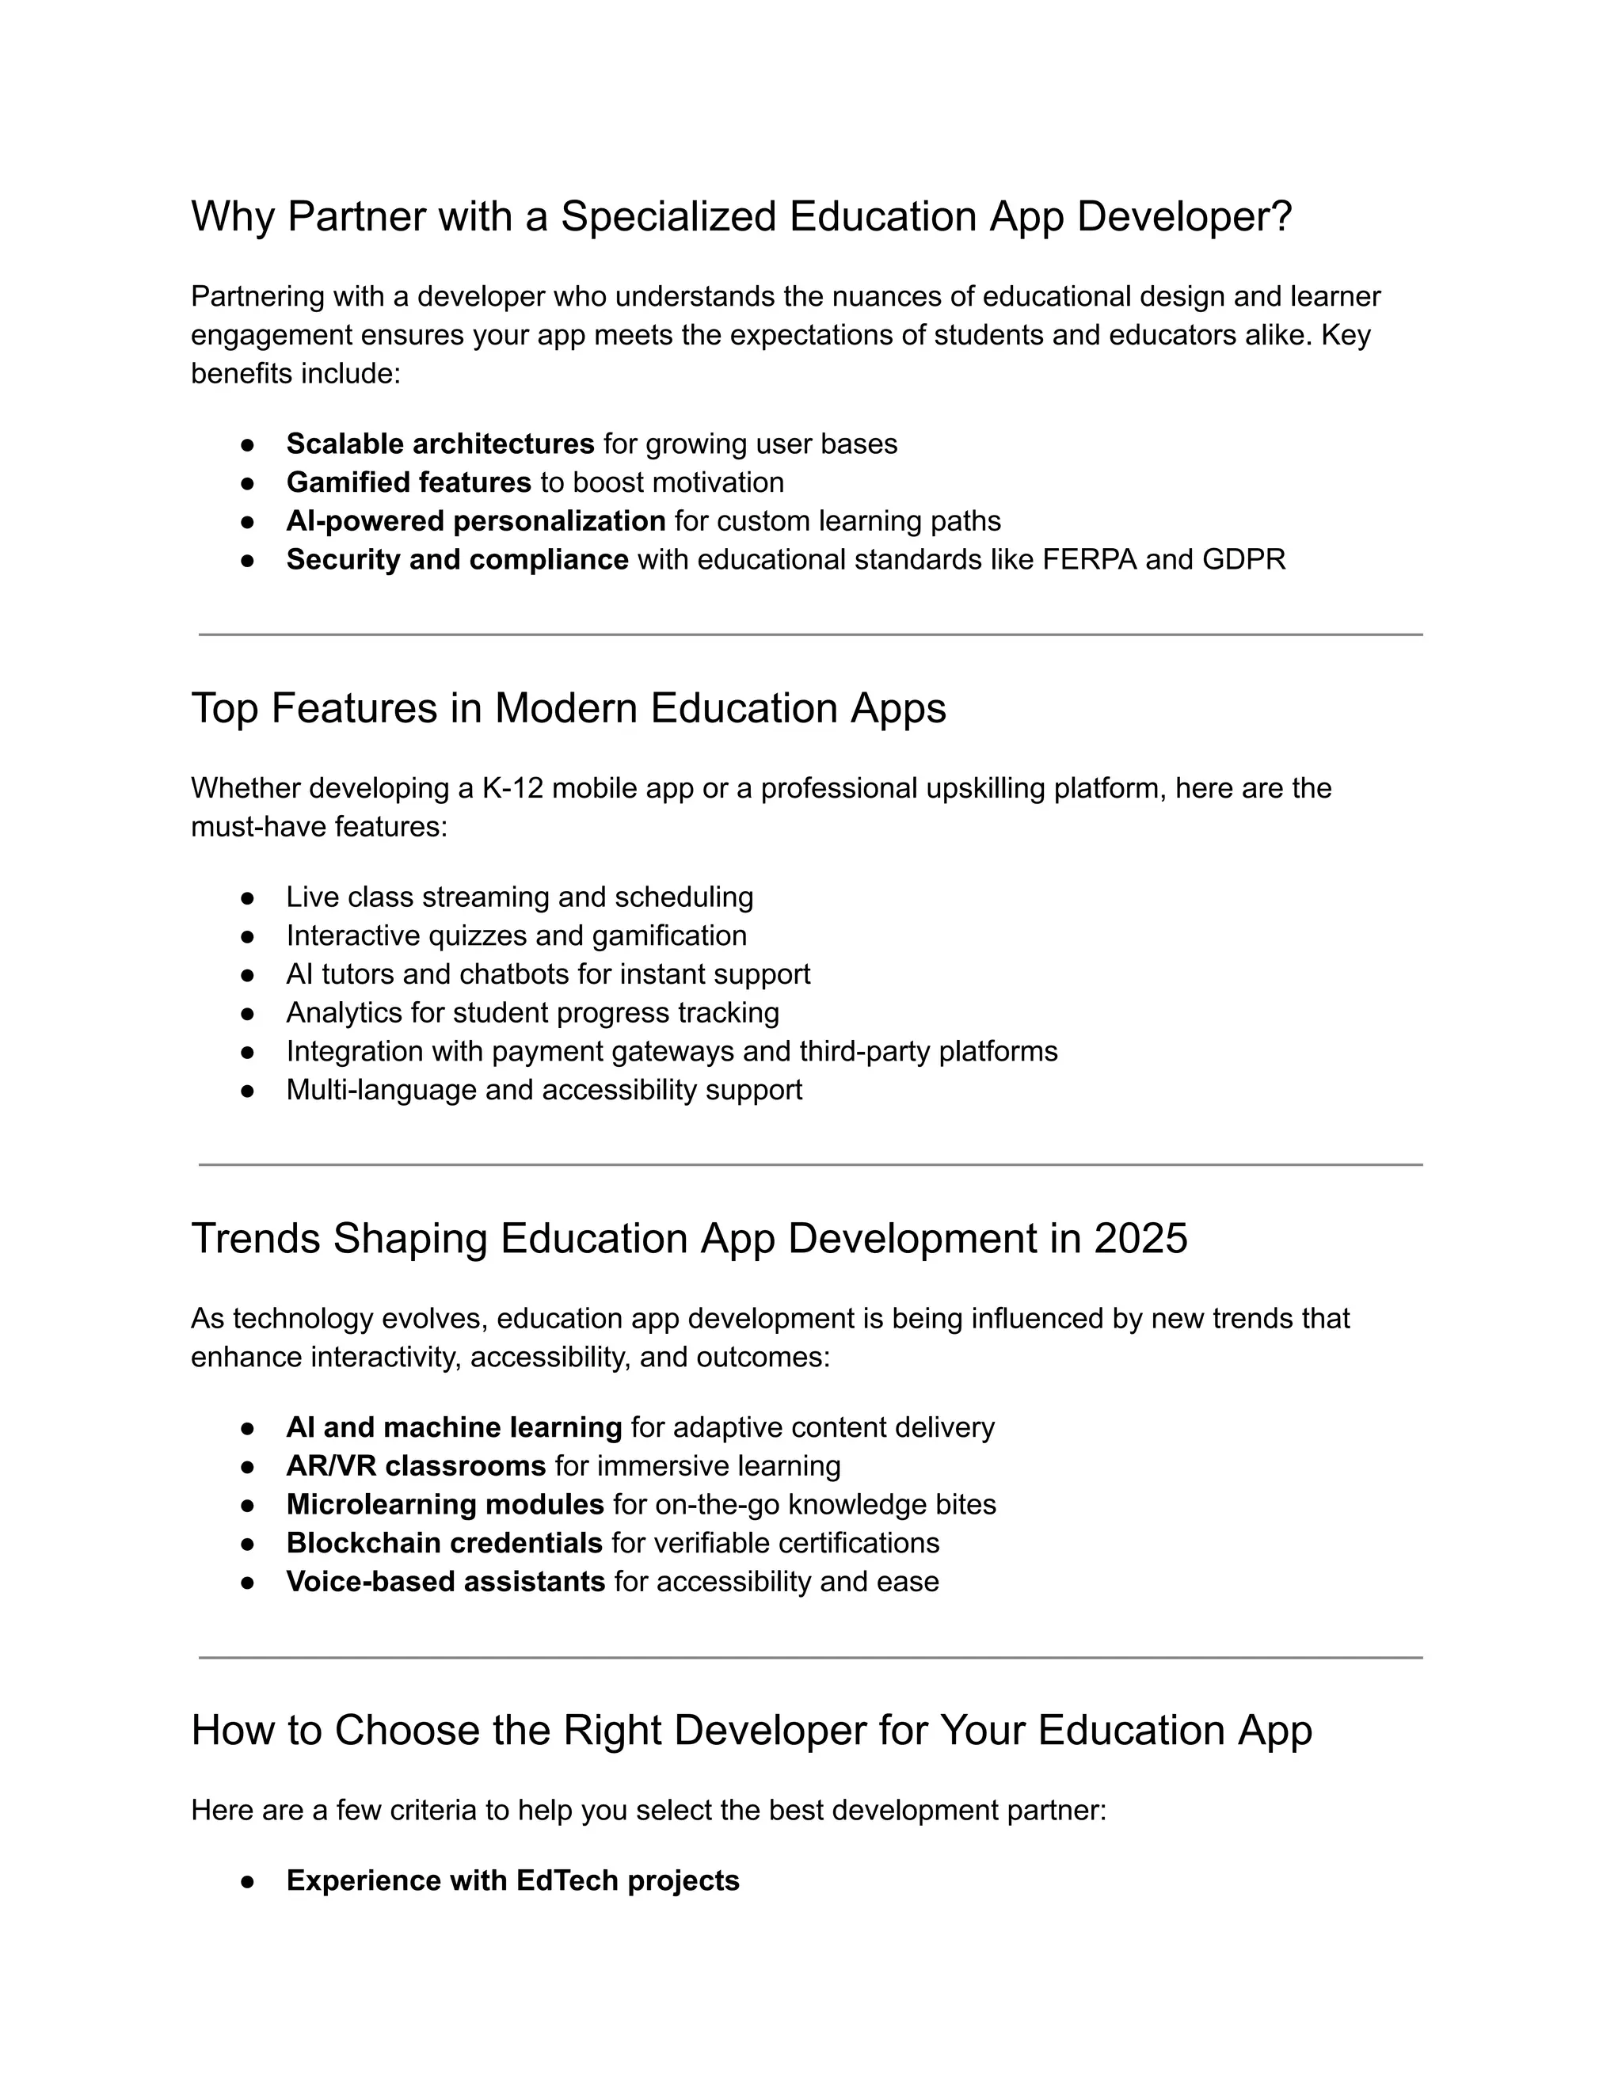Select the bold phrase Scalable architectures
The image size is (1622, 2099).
point(440,444)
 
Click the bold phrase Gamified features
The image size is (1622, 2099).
point(409,482)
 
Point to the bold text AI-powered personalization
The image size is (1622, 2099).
point(476,521)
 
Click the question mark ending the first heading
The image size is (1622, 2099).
point(1281,217)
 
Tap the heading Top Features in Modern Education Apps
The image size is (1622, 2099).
point(568,708)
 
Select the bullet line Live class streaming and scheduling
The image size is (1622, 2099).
point(519,897)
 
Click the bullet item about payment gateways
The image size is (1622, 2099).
point(671,1051)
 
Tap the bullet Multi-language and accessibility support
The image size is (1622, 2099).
point(544,1090)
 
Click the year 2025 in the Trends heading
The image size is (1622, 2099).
point(1140,1239)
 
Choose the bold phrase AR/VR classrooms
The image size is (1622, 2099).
point(416,1465)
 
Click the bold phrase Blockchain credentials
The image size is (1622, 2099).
point(444,1542)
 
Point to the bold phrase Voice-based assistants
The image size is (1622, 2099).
point(446,1581)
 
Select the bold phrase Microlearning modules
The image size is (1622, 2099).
point(445,1504)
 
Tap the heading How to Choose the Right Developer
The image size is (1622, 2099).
point(751,1731)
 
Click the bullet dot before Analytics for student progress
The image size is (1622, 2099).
point(247,1013)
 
